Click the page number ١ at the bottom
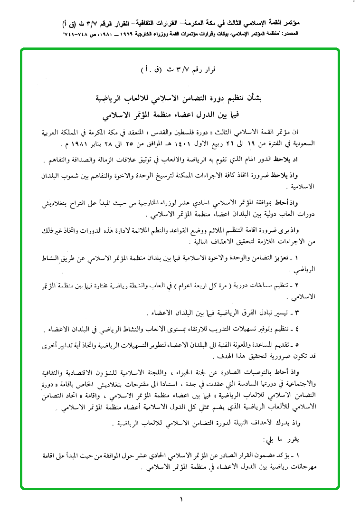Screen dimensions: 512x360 [181, 499]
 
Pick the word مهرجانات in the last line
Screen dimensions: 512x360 [312, 466]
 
